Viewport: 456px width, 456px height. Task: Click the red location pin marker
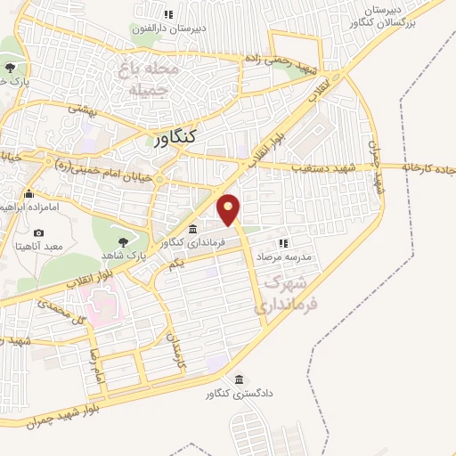click(x=229, y=208)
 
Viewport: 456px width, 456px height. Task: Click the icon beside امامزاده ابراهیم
click(x=30, y=194)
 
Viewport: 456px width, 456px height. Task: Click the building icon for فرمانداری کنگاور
click(x=193, y=230)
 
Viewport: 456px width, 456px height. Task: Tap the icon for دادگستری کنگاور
click(x=238, y=377)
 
